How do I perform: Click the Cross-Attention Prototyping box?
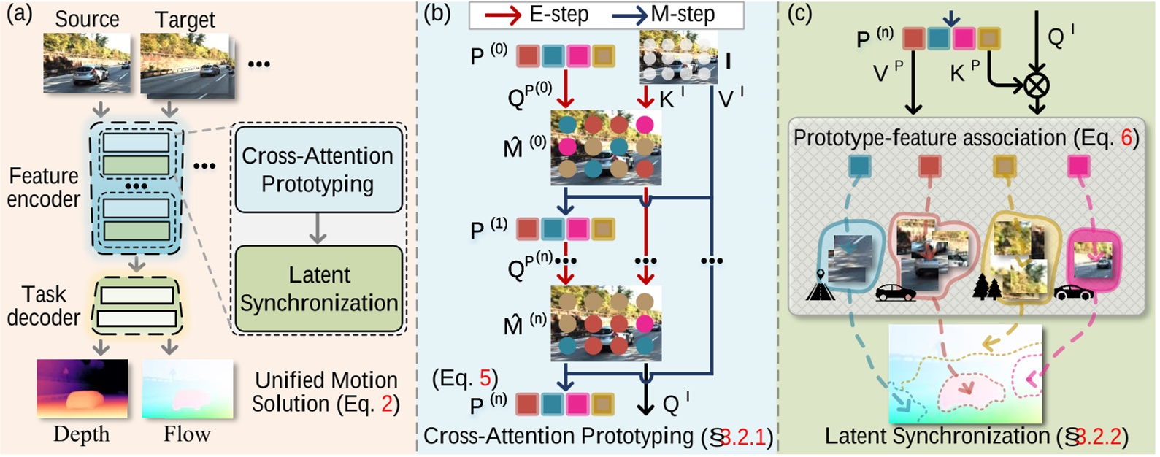click(x=318, y=170)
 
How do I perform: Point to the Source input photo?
click(x=87, y=63)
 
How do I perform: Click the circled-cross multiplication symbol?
click(x=1036, y=85)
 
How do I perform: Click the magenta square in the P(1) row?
click(x=577, y=229)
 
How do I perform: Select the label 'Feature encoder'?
click(x=44, y=187)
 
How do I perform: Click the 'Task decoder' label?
click(x=44, y=306)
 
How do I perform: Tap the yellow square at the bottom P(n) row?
click(x=603, y=404)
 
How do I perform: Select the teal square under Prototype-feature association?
click(x=860, y=166)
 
